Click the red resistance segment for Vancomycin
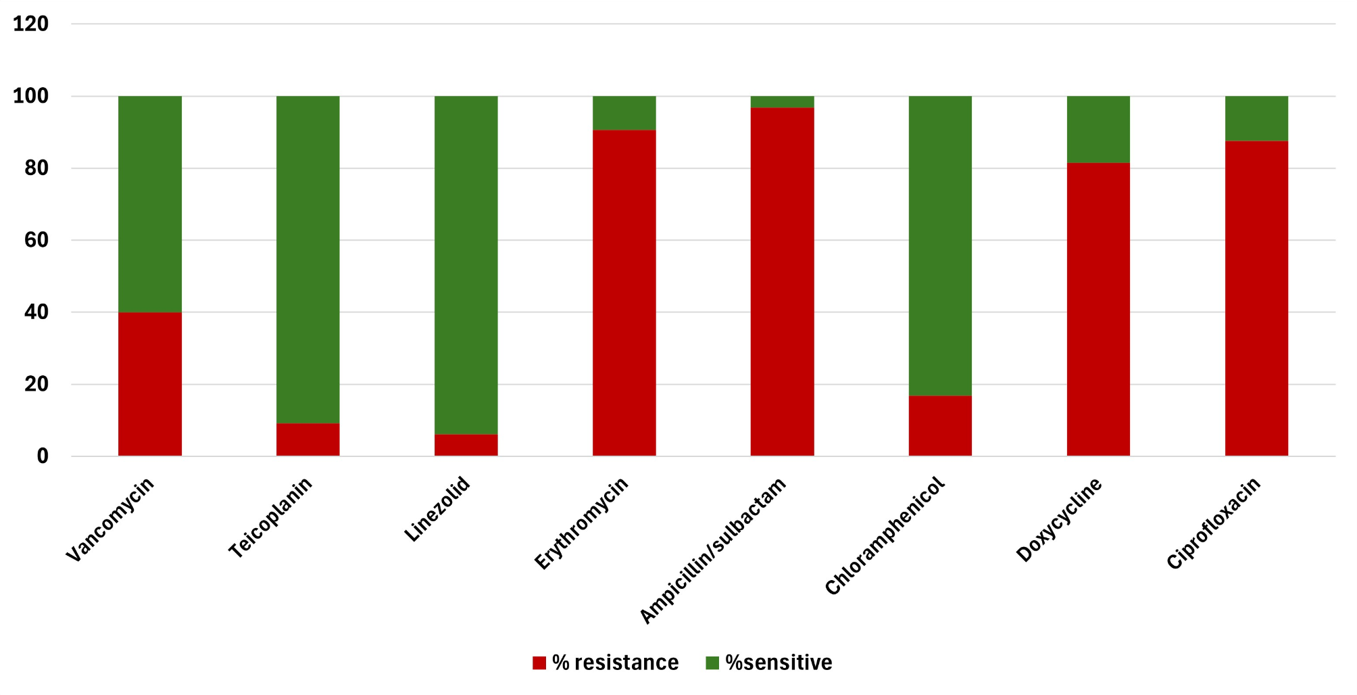149,384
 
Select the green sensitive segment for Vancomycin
149,204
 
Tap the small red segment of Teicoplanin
307,439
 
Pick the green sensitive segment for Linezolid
466,265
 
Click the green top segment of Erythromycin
624,113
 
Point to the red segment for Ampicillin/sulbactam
782,282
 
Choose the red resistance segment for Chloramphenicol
940,426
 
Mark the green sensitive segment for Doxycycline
1098,129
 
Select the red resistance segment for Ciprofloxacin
1256,298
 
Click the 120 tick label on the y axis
31,24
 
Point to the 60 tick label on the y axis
36,240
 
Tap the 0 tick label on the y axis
43,456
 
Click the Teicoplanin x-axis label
270,518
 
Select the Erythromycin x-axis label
581,523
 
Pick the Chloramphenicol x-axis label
884,536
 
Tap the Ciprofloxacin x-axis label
1214,523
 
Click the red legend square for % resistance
539,663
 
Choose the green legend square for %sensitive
712,663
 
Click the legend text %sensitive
779,663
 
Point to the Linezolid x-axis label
437,509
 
